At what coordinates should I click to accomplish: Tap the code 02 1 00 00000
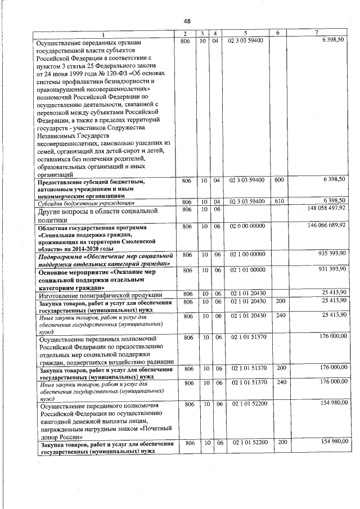coord(247,254)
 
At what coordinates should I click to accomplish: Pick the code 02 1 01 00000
coord(247,270)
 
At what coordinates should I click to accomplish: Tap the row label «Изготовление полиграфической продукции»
coord(100,295)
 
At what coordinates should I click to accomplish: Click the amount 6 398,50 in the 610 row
coord(334,201)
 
